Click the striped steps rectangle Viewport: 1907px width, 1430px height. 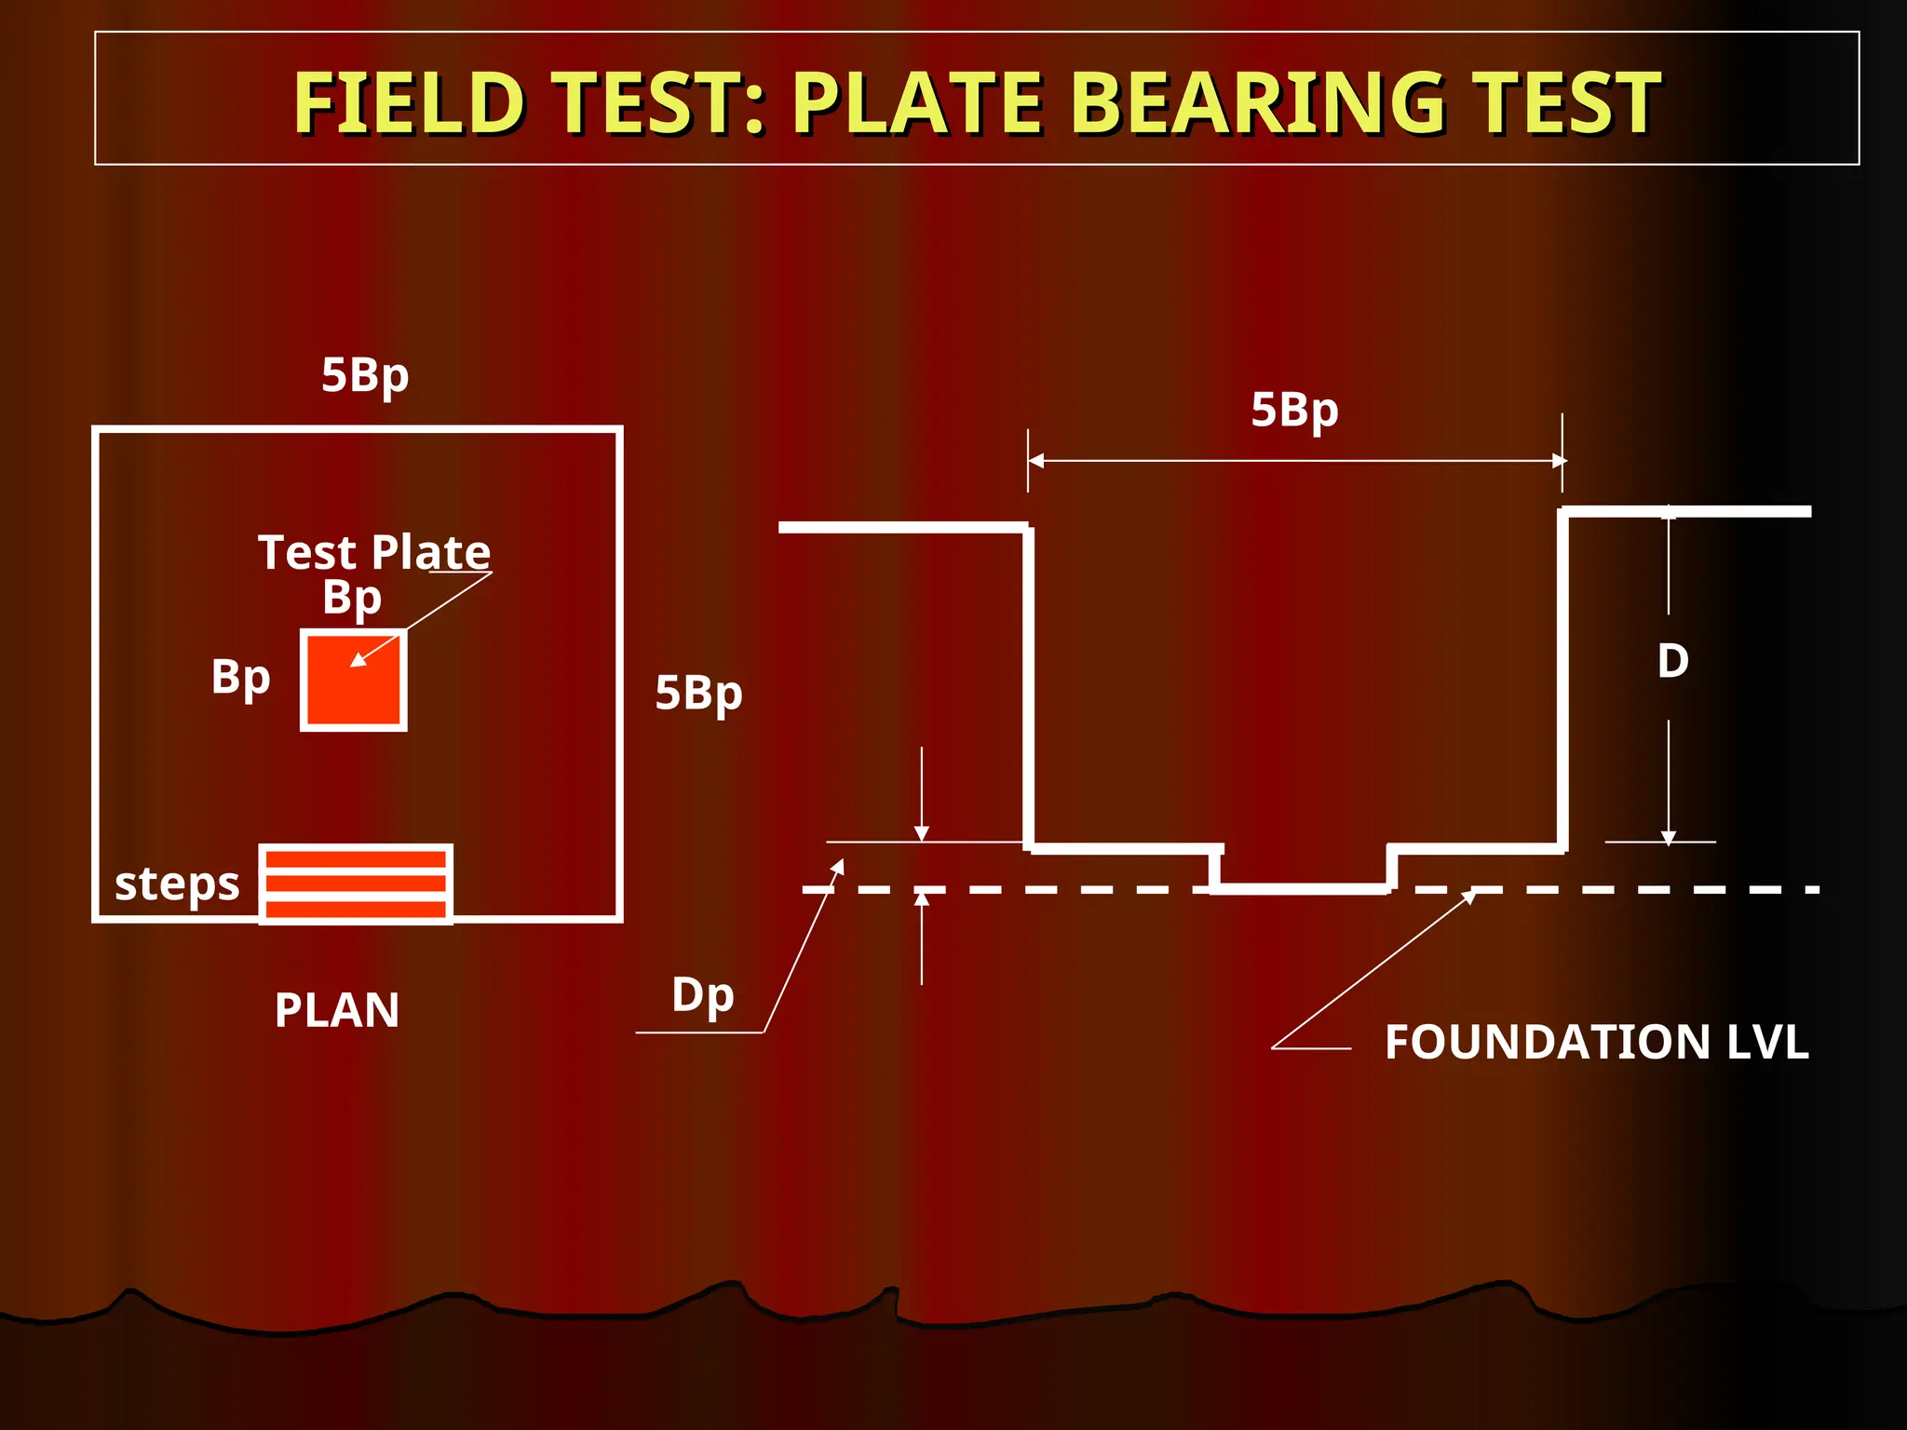356,884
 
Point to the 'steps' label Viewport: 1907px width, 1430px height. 177,885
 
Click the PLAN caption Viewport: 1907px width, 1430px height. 337,1010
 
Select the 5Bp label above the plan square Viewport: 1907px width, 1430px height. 365,375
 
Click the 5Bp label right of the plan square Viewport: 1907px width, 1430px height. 698,694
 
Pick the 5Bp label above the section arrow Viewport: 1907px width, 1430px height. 1294,411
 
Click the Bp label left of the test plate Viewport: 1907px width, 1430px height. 240,677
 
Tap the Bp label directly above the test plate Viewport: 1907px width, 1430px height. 352,597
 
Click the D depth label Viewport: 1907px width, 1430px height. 1672,662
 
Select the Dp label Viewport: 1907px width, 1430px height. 703,995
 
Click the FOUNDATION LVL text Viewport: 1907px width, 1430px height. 1596,1042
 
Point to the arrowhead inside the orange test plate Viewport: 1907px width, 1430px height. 358,660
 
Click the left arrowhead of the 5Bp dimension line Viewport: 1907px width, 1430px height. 1035,461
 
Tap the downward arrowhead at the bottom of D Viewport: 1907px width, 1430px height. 1669,837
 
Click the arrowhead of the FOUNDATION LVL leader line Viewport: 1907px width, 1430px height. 1469,896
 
